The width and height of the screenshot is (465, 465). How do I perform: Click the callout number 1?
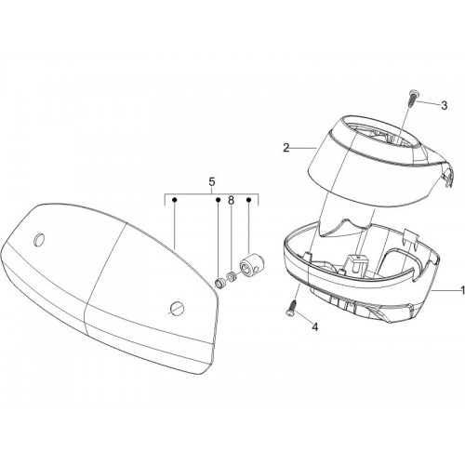[x=463, y=290]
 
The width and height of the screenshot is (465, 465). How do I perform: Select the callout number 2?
[x=286, y=148]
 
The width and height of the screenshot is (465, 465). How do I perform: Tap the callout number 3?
[x=445, y=105]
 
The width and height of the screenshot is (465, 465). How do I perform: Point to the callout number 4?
[x=315, y=326]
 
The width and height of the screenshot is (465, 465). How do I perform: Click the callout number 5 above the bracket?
[x=212, y=182]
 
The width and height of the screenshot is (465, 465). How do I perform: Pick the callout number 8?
[x=231, y=201]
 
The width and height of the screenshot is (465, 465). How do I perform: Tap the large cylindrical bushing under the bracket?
[x=251, y=266]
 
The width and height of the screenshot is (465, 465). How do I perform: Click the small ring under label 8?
[x=230, y=276]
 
